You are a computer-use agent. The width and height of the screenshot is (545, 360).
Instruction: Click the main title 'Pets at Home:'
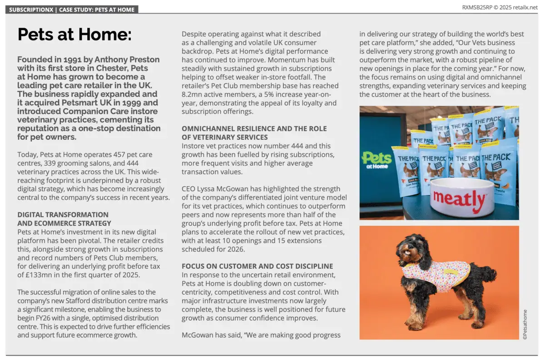pos(74,35)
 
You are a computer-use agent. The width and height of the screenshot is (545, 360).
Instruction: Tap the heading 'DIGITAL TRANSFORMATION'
pos(63,214)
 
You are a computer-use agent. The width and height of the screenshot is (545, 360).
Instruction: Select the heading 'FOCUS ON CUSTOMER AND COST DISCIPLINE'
pos(257,266)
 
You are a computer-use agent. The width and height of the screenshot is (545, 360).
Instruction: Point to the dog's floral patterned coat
pos(436,275)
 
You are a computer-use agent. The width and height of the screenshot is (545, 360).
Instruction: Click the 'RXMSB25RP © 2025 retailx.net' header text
pos(500,7)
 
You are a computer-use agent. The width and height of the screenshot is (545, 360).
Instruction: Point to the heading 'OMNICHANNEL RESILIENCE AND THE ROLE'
pos(254,128)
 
